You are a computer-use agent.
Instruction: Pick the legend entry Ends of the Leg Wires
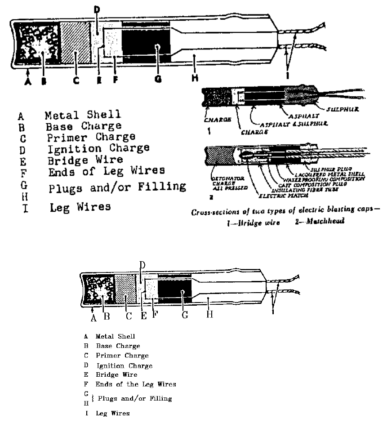136,384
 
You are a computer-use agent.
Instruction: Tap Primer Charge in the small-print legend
122,356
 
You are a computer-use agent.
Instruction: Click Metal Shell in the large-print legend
83,116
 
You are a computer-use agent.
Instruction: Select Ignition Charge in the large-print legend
97,148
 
